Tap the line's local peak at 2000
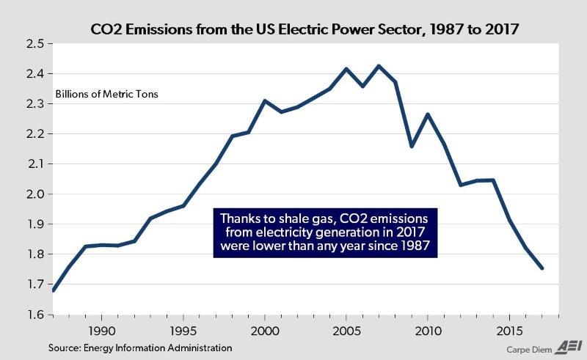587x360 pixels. click(265, 100)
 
